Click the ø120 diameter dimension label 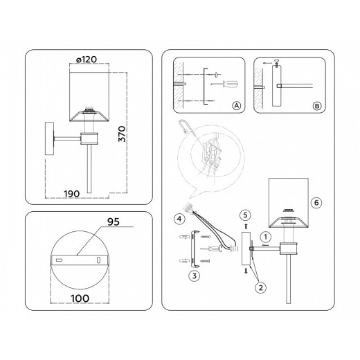coord(87,60)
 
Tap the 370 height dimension coord(122,134)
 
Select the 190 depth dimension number coord(72,194)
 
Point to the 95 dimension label coord(114,222)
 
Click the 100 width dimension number coord(80,298)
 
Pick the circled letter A coord(236,106)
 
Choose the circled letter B coord(317,106)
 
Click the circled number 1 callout coord(265,237)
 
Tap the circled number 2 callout coord(260,287)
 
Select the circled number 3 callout coord(194,276)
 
